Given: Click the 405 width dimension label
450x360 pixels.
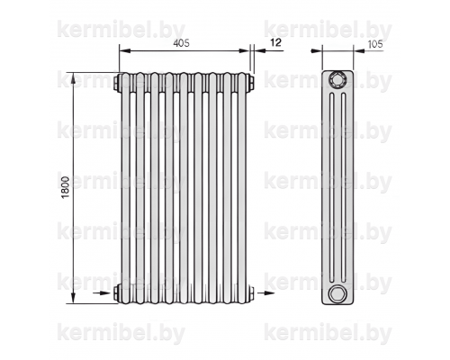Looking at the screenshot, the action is (x=182, y=43).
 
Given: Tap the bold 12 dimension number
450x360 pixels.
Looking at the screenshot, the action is (x=275, y=42).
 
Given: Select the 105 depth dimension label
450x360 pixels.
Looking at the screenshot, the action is (x=375, y=44).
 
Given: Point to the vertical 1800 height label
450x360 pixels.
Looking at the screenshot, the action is (x=66, y=187).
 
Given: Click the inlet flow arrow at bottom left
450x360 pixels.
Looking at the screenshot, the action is (x=102, y=292).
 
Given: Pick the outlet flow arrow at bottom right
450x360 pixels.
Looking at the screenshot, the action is (x=265, y=292).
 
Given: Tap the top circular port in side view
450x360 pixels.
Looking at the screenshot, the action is (x=337, y=80).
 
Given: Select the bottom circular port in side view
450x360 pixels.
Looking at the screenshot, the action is (x=337, y=293).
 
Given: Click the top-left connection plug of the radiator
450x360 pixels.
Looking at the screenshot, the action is (x=117, y=82).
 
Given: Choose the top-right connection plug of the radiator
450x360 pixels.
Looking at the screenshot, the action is (x=251, y=82).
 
